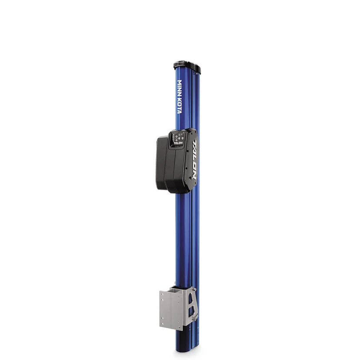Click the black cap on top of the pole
187,67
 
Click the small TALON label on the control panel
178,142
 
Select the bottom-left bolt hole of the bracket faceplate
162,323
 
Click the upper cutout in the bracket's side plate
190,298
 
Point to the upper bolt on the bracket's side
195,289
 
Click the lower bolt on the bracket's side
195,319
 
